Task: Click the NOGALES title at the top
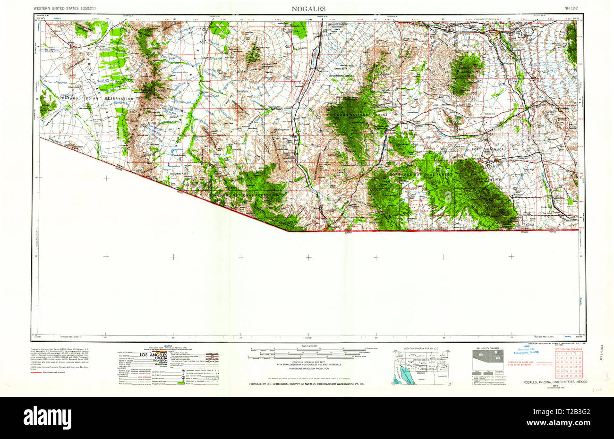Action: point(308,9)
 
